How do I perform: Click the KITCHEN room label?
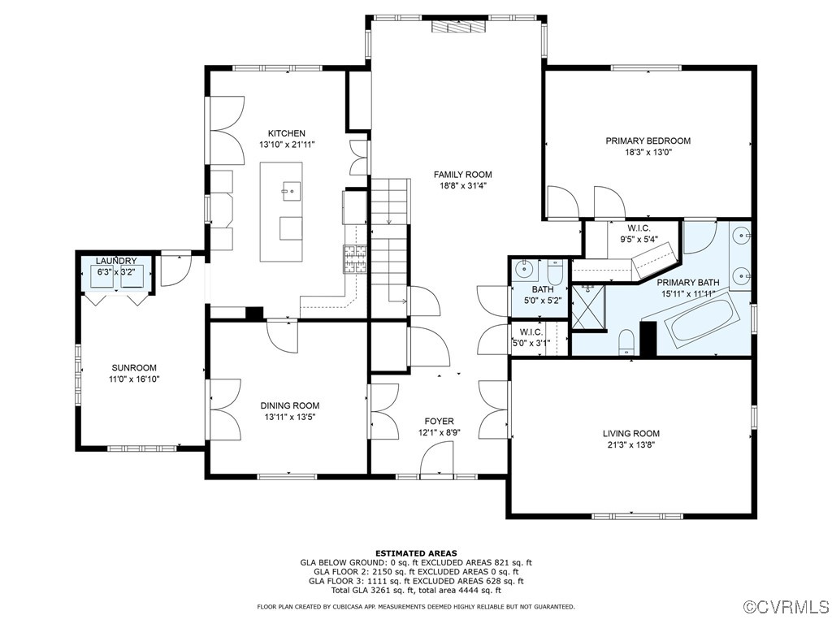click(x=287, y=133)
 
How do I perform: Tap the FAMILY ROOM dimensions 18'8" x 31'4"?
click(x=462, y=186)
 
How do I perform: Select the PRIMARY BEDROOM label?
click(x=648, y=141)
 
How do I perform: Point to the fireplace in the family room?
click(x=458, y=27)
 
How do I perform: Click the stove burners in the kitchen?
click(x=355, y=259)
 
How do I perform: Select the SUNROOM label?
click(x=134, y=368)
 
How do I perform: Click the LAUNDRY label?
click(x=116, y=261)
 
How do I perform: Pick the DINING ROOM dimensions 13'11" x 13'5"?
click(x=290, y=417)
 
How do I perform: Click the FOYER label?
click(x=439, y=422)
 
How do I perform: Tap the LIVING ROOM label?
click(x=630, y=433)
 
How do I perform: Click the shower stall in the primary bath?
click(x=588, y=307)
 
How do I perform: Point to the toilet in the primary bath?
click(x=626, y=342)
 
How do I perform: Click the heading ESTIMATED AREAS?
click(x=416, y=553)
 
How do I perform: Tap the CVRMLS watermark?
click(x=786, y=606)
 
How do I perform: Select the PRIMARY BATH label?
click(x=687, y=282)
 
